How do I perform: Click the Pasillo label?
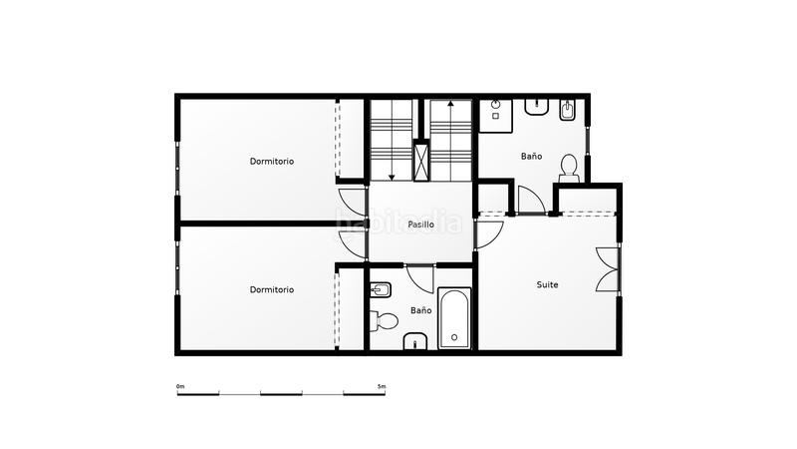[420, 224]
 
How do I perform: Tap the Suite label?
[547, 284]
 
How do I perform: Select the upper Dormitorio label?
[272, 161]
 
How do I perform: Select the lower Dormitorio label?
[272, 289]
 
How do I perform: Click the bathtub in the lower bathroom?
[454, 318]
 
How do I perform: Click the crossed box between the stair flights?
[422, 160]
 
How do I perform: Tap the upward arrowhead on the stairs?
[449, 103]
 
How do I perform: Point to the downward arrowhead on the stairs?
[393, 177]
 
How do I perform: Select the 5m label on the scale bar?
[382, 385]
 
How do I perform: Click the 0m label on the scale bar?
[180, 385]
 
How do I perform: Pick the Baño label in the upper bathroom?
[531, 157]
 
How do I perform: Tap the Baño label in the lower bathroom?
[421, 310]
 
